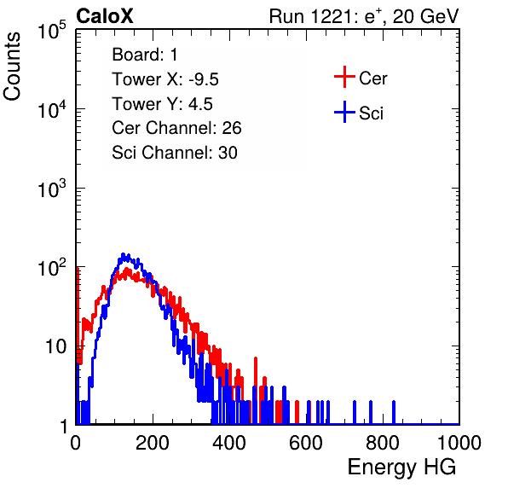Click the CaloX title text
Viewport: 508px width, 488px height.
pyautogui.click(x=105, y=16)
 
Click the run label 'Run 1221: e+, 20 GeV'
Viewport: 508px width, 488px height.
pyautogui.click(x=364, y=16)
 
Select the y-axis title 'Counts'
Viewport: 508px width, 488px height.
pyautogui.click(x=12, y=67)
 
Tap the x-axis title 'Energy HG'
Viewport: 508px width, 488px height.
pyautogui.click(x=401, y=468)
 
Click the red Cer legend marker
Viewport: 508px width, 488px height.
pyautogui.click(x=344, y=77)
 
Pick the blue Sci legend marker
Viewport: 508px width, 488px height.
pyautogui.click(x=344, y=113)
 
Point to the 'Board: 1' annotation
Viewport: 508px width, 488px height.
pyautogui.click(x=145, y=55)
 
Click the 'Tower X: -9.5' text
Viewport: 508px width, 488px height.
pyautogui.click(x=165, y=79)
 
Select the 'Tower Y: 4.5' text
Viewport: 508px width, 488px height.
pyautogui.click(x=162, y=104)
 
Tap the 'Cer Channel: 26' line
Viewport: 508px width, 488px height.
pyautogui.click(x=176, y=128)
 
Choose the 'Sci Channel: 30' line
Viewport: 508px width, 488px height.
pyautogui.click(x=175, y=153)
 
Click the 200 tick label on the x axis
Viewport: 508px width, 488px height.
pyautogui.click(x=153, y=443)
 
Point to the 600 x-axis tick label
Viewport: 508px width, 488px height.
pyautogui.click(x=306, y=443)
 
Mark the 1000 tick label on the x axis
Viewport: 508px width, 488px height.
pyautogui.click(x=459, y=443)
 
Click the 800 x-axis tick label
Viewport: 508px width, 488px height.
pyautogui.click(x=383, y=443)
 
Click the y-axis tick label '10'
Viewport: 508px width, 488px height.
pyautogui.click(x=56, y=347)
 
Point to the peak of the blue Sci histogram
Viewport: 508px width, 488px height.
pyautogui.click(x=123, y=254)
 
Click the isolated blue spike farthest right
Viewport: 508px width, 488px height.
pyautogui.click(x=394, y=412)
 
